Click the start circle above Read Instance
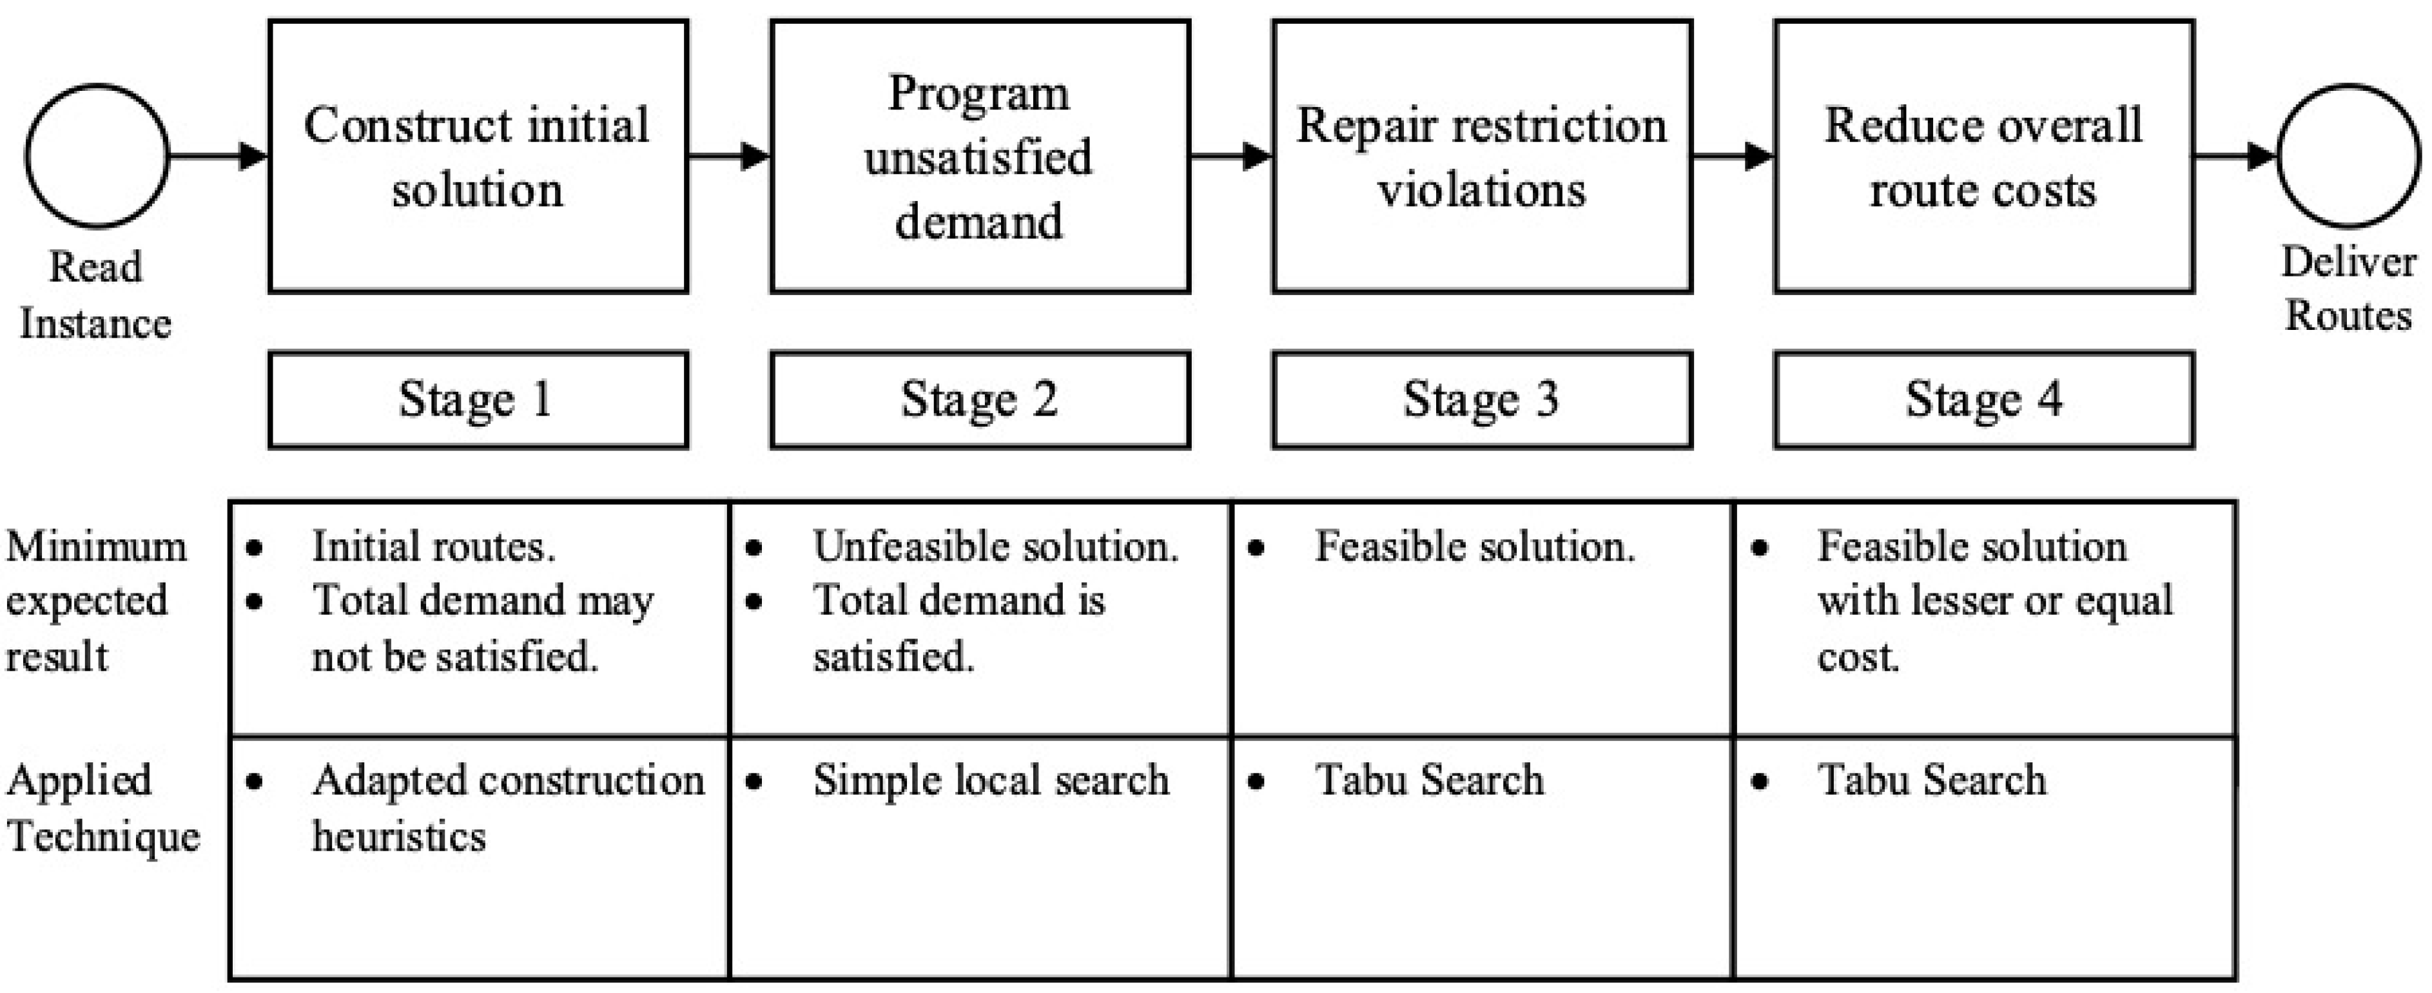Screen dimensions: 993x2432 [97, 157]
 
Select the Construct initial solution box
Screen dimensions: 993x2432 [478, 157]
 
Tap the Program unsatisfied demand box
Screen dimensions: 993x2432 [980, 157]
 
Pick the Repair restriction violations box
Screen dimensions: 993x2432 [1481, 157]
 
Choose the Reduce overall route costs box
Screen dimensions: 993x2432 [1983, 157]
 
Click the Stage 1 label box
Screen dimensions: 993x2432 [478, 400]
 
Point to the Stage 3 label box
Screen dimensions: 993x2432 [1481, 400]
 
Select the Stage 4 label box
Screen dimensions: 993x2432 [1983, 400]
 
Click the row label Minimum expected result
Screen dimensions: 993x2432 [94, 601]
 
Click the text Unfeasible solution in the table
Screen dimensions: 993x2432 [995, 546]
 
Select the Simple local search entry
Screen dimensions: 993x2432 [990, 780]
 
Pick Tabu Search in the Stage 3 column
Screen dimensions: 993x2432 [1430, 780]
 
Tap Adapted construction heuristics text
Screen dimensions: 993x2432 [507, 807]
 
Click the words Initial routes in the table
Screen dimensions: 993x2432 [433, 546]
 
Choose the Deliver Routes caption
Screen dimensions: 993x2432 [2347, 288]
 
